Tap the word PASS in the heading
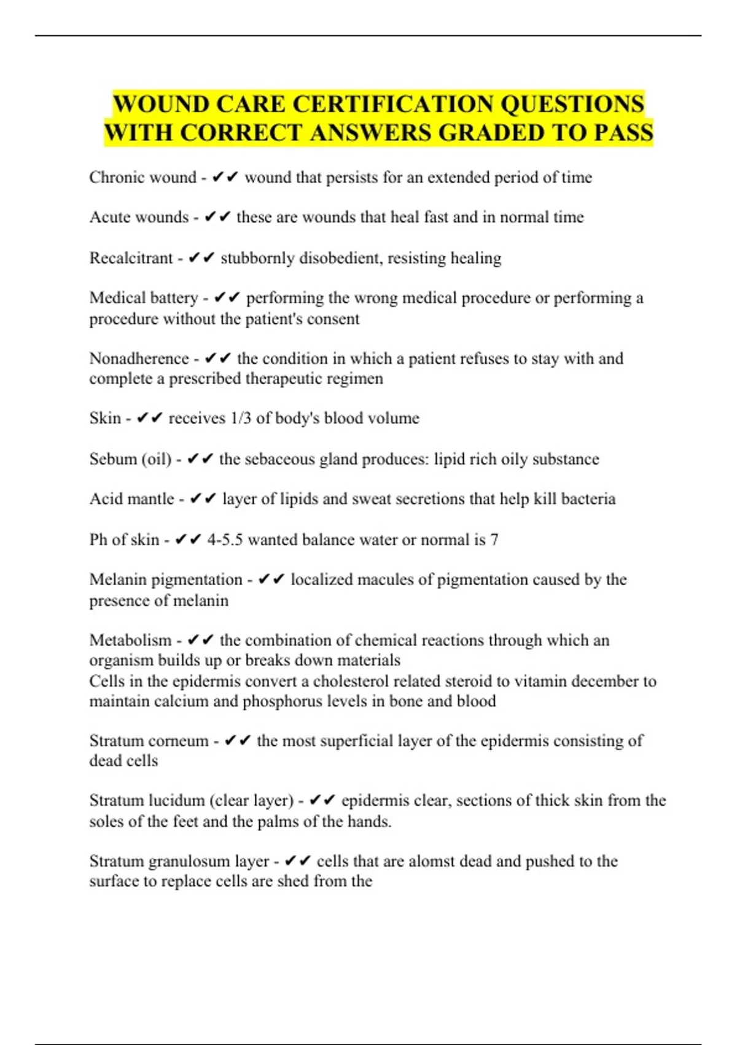[623, 133]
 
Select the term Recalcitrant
[131, 258]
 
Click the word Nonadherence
[139, 358]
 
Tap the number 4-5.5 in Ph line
[225, 540]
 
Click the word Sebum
[113, 459]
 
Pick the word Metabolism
[130, 641]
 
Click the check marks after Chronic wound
[224, 178]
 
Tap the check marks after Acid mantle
[203, 499]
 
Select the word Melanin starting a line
[117, 580]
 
